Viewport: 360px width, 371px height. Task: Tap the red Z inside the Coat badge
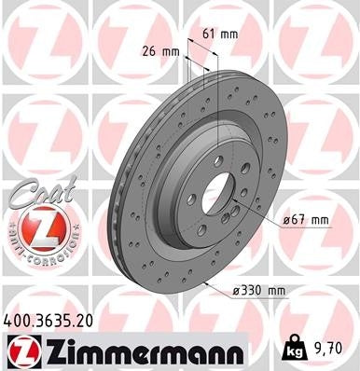point(35,226)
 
